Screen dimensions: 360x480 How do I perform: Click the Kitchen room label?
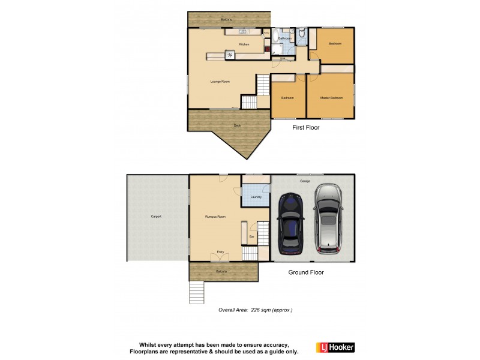pyautogui.click(x=244, y=45)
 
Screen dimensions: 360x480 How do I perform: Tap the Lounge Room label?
pyautogui.click(x=220, y=82)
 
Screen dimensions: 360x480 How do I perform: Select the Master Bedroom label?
pyautogui.click(x=331, y=97)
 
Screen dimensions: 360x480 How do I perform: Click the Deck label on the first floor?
pyautogui.click(x=237, y=125)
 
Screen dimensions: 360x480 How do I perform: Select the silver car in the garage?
pyautogui.click(x=328, y=219)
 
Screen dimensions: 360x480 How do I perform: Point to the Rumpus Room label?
pyautogui.click(x=214, y=216)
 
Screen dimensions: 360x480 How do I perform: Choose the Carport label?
pyautogui.click(x=155, y=216)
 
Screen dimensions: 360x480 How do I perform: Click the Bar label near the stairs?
pyautogui.click(x=252, y=237)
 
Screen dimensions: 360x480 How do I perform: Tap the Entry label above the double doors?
pyautogui.click(x=220, y=252)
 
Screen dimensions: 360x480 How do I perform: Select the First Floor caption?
pyautogui.click(x=306, y=128)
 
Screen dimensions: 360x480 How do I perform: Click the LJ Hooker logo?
pyautogui.click(x=334, y=346)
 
